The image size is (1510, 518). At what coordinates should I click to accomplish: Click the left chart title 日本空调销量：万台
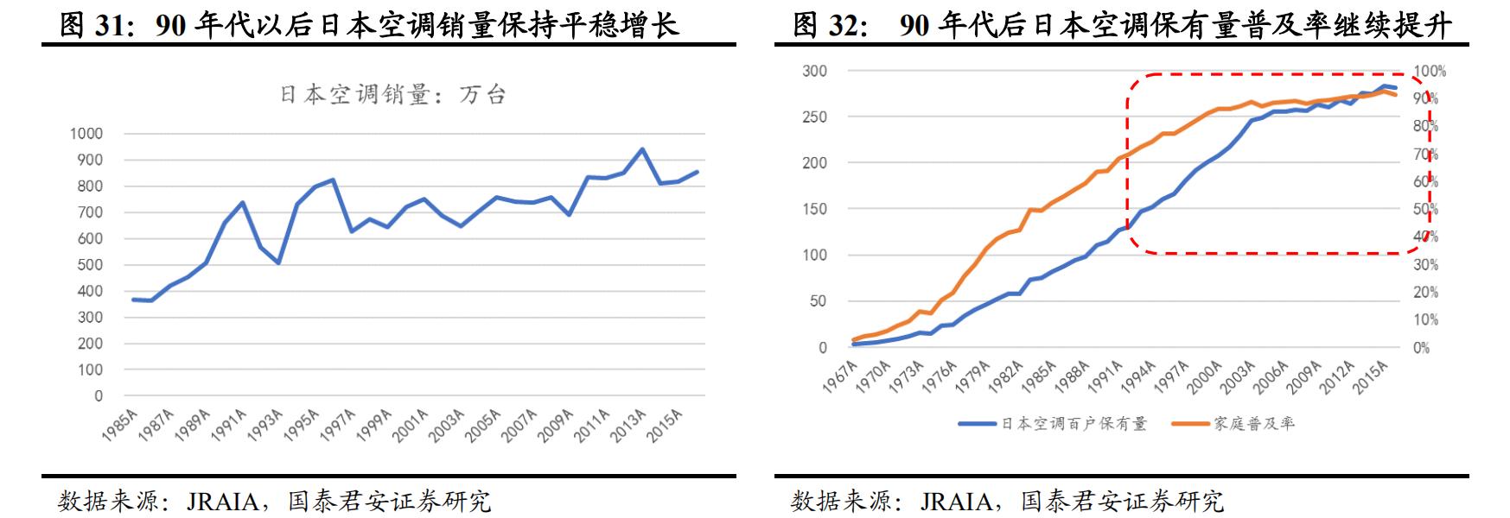[392, 95]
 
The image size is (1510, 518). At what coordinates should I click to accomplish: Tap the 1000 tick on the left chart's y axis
[86, 134]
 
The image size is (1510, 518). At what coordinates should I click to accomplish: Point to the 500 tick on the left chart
[89, 265]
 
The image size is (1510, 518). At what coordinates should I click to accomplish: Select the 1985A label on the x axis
[118, 426]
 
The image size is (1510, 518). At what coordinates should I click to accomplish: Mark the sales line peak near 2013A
[641, 149]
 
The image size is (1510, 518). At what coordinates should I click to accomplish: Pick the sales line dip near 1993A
[278, 262]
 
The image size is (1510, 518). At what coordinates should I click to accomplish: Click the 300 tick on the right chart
[814, 72]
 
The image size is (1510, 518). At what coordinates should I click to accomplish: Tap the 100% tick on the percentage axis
[1430, 72]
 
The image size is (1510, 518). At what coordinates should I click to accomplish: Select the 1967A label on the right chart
[840, 379]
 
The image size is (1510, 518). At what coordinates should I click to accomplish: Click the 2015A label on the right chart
[1371, 379]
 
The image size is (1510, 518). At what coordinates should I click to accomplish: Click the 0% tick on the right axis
[1422, 348]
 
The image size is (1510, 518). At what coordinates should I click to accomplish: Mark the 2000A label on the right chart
[1205, 379]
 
